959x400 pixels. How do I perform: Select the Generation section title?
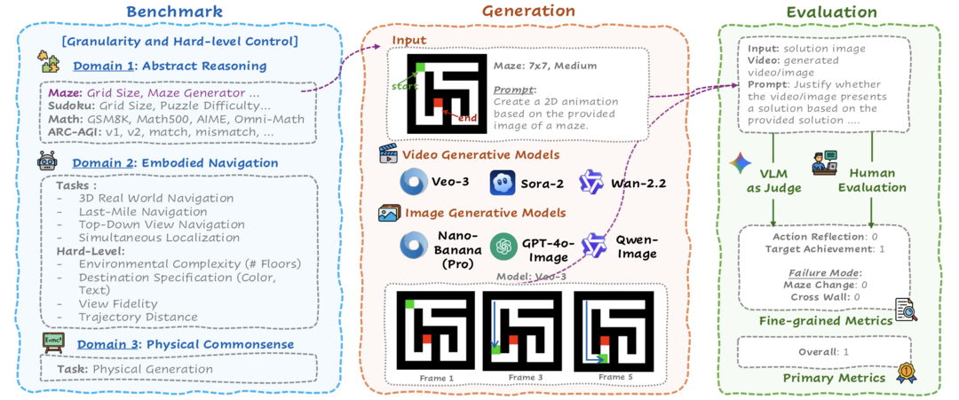[528, 12]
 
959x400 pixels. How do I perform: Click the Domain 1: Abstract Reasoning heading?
[170, 66]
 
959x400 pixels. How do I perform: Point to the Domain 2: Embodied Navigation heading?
[175, 163]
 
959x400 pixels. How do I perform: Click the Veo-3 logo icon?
[412, 183]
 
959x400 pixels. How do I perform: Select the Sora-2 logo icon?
[503, 184]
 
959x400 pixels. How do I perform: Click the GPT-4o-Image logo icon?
[503, 245]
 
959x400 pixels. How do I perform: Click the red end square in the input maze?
[437, 106]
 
